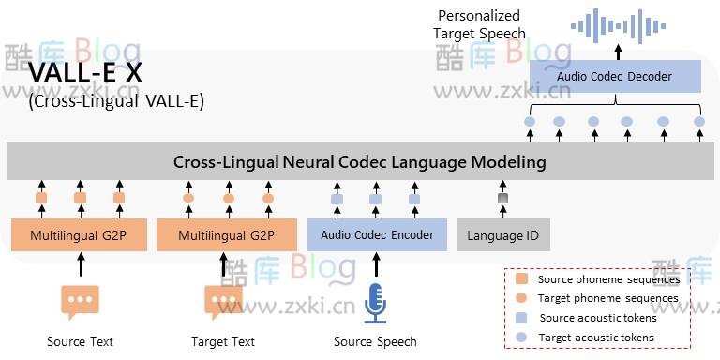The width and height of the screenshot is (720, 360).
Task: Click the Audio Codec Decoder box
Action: pos(614,77)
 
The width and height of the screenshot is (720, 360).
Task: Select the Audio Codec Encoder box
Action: pos(377,235)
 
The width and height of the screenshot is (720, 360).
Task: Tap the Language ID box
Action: pos(502,235)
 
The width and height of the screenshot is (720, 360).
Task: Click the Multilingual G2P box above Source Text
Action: pos(80,235)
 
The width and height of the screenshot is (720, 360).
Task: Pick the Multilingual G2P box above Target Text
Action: pos(228,235)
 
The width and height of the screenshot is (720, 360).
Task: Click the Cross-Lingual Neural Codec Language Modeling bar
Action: pos(359,162)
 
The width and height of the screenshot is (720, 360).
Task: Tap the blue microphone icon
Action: pos(376,302)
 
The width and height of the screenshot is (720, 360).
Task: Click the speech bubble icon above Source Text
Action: pos(80,302)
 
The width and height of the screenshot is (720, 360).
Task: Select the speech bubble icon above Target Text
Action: pos(223,302)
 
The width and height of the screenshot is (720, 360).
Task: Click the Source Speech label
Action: pos(375,342)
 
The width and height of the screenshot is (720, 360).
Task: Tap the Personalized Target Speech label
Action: pos(479,24)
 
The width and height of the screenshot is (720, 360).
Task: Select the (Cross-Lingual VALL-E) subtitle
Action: pos(116,101)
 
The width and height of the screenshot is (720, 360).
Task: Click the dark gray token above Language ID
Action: pos(502,199)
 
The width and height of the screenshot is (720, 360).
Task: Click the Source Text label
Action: pos(80,342)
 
